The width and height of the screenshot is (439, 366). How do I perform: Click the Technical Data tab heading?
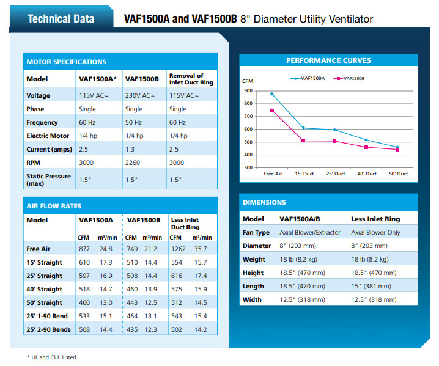tap(61, 18)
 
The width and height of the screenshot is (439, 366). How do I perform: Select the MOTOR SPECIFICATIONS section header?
tap(66, 62)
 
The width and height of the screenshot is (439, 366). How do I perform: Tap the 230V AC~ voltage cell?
tap(140, 95)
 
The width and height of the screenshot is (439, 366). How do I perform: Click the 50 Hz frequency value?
tap(133, 122)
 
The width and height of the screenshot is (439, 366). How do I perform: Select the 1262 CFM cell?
tap(177, 249)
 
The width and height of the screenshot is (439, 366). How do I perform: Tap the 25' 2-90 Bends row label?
tap(48, 329)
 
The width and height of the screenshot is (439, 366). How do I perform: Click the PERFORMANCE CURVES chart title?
tap(328, 60)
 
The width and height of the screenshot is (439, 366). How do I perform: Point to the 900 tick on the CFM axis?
tap(248, 90)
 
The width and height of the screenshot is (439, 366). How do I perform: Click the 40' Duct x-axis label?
tap(367, 174)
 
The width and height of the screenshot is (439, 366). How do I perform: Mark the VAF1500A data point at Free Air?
tap(272, 93)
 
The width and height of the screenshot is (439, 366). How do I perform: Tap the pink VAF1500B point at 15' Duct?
tap(304, 141)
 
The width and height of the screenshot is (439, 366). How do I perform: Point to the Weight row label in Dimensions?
tap(254, 259)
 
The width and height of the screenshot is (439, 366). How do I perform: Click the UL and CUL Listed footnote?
tap(53, 357)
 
